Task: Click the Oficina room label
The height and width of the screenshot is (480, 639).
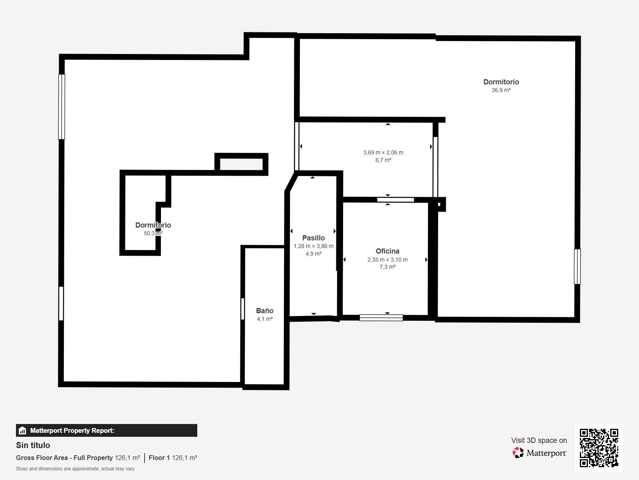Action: coord(387,251)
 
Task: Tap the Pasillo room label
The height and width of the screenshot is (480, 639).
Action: coord(313,238)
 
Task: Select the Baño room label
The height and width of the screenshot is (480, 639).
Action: coord(265,311)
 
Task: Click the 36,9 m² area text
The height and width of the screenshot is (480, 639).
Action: coord(501,90)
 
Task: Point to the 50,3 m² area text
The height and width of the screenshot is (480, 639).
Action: coord(153,233)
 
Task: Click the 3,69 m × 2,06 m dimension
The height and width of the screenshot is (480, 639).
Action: coord(383,152)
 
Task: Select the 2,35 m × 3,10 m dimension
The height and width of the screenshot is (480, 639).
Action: coord(387,259)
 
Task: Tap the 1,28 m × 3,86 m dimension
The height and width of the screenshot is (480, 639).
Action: coord(314,246)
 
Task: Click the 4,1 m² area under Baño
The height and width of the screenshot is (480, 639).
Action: coord(265,319)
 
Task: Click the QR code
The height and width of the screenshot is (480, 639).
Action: coord(599,448)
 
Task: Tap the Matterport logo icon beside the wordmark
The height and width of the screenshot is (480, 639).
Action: coord(518,453)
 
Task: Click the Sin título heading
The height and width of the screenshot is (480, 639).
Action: coord(33,445)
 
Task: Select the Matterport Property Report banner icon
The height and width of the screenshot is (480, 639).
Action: coord(22,430)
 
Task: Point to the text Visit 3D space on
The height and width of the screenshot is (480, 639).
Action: coord(539,440)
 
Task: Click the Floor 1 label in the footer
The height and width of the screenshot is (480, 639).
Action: coord(159,458)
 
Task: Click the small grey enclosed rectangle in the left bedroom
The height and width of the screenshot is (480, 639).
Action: coord(241,164)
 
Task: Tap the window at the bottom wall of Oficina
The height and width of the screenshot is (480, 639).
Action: coord(381,318)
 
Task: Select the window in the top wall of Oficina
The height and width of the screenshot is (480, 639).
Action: coord(395,200)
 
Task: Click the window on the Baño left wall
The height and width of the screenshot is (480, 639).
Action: coord(242,309)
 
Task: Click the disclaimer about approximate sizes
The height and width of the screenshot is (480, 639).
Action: coord(75,469)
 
